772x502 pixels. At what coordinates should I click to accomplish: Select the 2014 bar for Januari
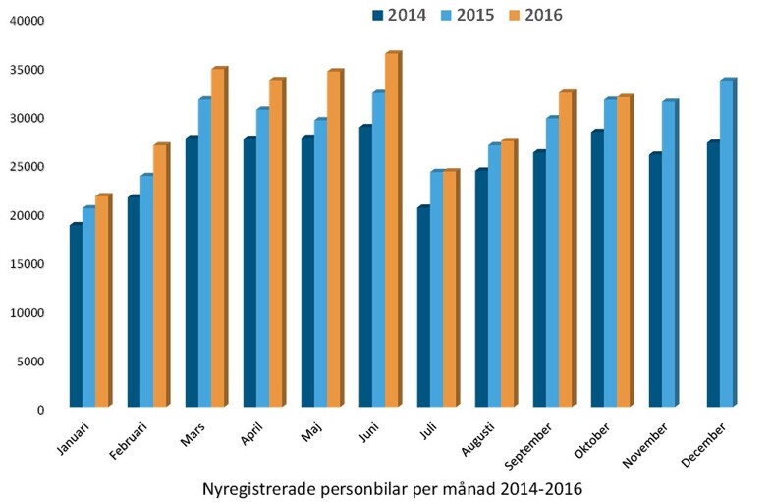[76, 315]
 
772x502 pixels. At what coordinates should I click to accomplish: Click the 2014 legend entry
[406, 15]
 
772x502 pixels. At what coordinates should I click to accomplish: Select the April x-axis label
[251, 433]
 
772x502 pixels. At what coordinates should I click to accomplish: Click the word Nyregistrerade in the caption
[259, 485]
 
